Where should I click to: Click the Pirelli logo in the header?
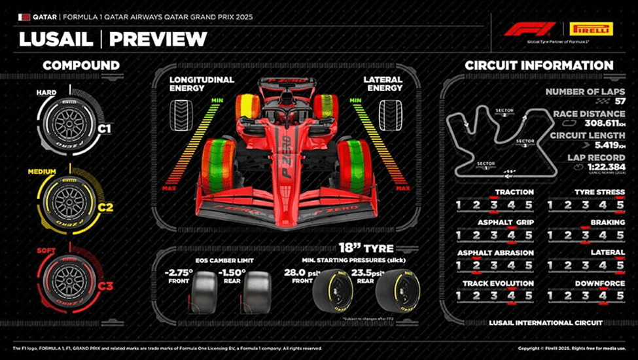coord(590,29)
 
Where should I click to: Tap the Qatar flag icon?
coord(24,16)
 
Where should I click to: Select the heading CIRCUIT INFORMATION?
coord(539,65)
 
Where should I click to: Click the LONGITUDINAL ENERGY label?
coord(202,83)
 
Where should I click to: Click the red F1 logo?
coord(530,29)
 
